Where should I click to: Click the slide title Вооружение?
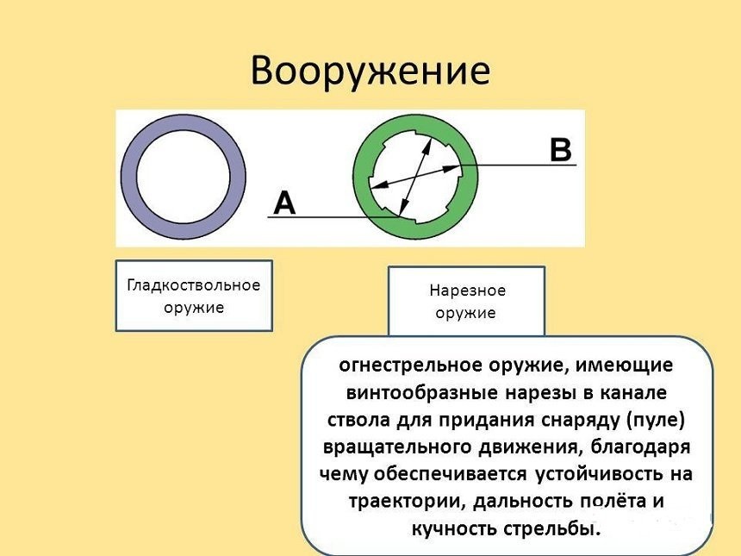pyautogui.click(x=370, y=71)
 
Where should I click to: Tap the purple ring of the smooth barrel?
pyautogui.click(x=129, y=177)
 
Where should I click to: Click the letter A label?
pyautogui.click(x=284, y=203)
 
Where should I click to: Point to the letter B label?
pyautogui.click(x=560, y=150)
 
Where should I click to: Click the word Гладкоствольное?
pyautogui.click(x=193, y=285)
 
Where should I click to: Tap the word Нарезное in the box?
pyautogui.click(x=466, y=290)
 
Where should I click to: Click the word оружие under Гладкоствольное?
pyautogui.click(x=193, y=308)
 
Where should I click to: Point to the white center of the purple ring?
pyautogui.click(x=183, y=177)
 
